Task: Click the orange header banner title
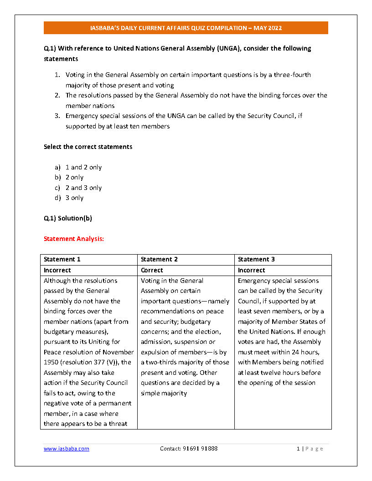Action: click(x=186, y=28)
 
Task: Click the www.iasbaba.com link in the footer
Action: click(x=67, y=449)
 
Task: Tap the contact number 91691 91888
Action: click(x=188, y=449)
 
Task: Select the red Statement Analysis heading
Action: click(x=74, y=239)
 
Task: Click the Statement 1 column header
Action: click(x=62, y=260)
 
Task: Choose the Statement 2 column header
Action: click(x=159, y=260)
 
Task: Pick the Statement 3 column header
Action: click(x=256, y=260)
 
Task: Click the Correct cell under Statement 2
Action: click(x=152, y=270)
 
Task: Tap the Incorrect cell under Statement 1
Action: click(x=57, y=270)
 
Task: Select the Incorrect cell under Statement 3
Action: click(x=252, y=270)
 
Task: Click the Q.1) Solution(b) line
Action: click(x=68, y=218)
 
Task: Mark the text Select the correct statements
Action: click(x=88, y=147)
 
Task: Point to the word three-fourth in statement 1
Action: click(x=292, y=75)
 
